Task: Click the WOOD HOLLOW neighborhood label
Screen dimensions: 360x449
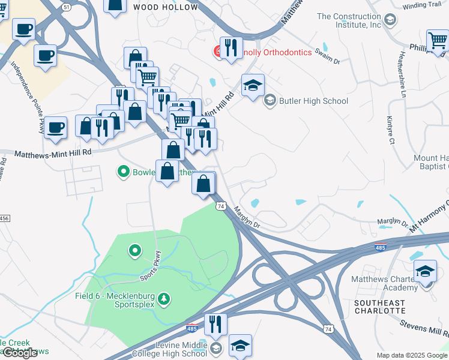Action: click(165, 7)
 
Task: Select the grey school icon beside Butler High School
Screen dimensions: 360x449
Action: click(270, 100)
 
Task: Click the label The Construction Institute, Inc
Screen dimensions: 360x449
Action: click(349, 20)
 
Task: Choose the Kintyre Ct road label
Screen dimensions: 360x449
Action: click(390, 130)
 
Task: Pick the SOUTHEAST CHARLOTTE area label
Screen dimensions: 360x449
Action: click(380, 307)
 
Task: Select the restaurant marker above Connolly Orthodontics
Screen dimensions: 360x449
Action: click(231, 48)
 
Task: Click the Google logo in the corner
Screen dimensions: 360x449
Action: click(20, 353)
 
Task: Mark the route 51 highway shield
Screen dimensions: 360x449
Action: click(66, 6)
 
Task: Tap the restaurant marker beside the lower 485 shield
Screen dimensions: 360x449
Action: click(215, 325)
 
